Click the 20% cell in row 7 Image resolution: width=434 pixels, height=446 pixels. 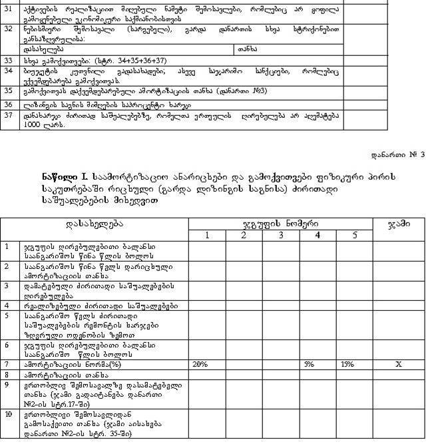coord(200,365)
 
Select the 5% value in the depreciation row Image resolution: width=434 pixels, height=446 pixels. coord(309,365)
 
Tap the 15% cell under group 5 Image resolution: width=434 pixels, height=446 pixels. coord(347,365)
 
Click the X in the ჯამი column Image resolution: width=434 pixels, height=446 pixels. coord(398,365)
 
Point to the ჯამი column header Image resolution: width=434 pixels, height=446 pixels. coord(399,224)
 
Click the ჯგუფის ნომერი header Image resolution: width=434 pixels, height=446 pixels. coord(280,224)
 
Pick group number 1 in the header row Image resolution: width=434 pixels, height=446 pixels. coord(207,235)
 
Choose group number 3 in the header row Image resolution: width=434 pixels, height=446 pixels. coord(281,235)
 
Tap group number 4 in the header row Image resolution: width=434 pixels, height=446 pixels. coord(318,235)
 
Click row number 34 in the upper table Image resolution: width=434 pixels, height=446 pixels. coord(9,70)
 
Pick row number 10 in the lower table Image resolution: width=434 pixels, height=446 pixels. coord(9,414)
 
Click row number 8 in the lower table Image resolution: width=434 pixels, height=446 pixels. coord(7,375)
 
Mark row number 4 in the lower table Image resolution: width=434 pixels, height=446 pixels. coord(7,306)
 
